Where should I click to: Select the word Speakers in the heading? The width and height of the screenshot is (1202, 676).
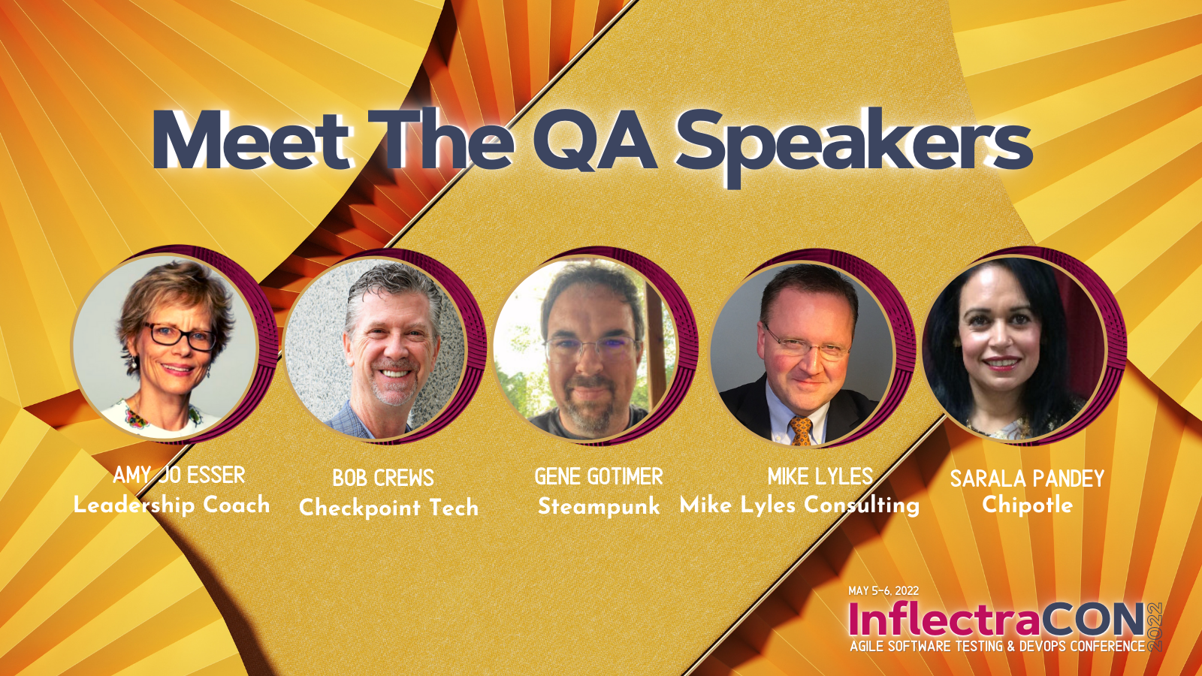click(854, 143)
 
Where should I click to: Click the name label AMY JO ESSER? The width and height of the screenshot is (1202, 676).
click(179, 475)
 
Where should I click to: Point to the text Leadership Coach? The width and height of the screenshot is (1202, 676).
click(171, 505)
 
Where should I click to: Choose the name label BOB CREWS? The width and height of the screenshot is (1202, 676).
click(383, 478)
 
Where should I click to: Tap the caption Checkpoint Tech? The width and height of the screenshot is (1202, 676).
click(388, 508)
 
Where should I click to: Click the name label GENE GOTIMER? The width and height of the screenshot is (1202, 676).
click(599, 477)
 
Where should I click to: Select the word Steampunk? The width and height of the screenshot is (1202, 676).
click(599, 506)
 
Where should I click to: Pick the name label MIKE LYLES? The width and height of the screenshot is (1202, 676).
click(820, 477)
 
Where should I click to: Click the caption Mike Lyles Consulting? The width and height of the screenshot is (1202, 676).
click(799, 505)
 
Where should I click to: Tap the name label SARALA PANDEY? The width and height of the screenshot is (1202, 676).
click(1027, 478)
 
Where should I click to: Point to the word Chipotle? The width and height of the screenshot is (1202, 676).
click(1027, 505)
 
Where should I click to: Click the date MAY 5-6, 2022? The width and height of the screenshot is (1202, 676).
click(883, 591)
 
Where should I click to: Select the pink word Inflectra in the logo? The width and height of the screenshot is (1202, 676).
click(944, 620)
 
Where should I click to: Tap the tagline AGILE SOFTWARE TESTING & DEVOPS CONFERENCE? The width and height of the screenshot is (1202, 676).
click(997, 646)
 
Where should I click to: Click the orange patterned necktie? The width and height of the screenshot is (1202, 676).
click(801, 431)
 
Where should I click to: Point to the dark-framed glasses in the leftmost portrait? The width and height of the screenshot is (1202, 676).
click(180, 336)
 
